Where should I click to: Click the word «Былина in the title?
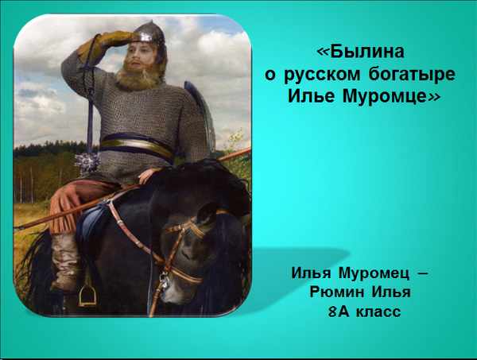point(361,52)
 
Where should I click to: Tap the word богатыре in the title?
point(412,75)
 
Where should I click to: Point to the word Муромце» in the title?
point(391,96)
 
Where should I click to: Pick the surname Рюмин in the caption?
point(337,292)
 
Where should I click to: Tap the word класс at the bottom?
point(378,312)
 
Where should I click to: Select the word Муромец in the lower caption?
point(374,273)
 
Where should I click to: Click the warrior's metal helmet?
point(149,33)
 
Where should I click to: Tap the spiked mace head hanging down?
point(87,162)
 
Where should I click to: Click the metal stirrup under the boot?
point(87,296)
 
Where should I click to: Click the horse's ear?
point(205,214)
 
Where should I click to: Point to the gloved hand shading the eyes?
point(109,42)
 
